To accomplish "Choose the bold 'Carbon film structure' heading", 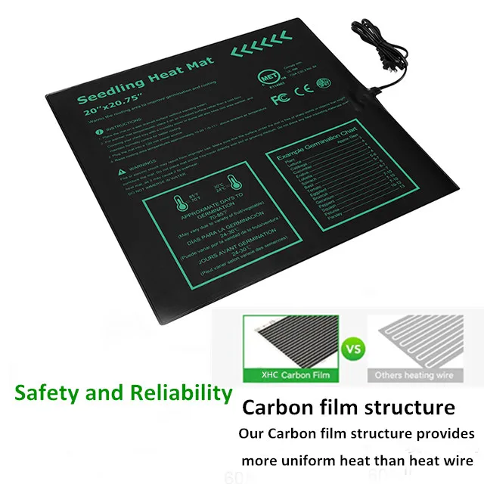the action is [349, 408].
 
